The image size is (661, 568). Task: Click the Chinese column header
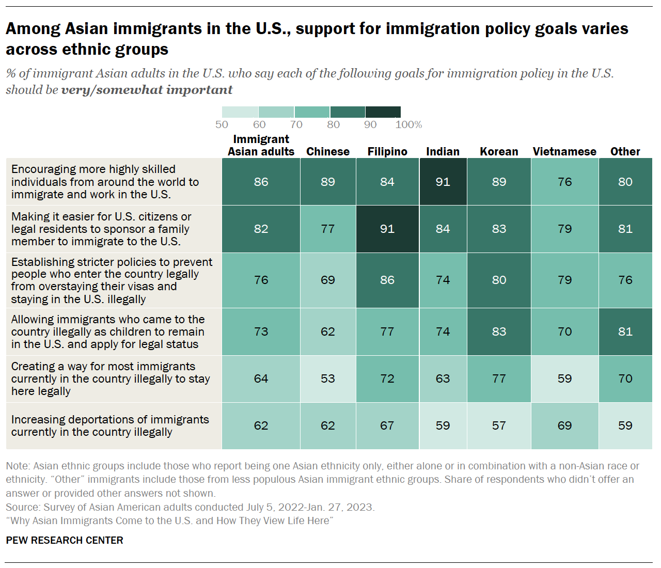(327, 151)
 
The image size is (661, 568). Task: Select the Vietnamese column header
(564, 151)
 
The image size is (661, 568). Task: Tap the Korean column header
(499, 151)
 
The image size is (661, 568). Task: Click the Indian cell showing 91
(443, 182)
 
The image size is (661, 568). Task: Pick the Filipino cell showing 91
(387, 229)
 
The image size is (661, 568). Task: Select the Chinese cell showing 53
(327, 378)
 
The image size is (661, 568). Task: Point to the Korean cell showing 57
(499, 425)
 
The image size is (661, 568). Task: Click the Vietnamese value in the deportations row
(564, 425)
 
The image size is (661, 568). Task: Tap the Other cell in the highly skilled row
(625, 182)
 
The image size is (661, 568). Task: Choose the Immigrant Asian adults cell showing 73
(261, 332)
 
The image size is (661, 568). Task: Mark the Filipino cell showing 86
(387, 280)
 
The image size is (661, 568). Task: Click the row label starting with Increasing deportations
(110, 425)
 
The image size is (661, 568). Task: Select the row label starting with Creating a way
(110, 378)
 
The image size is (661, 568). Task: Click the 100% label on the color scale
(408, 124)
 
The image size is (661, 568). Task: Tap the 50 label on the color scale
(222, 124)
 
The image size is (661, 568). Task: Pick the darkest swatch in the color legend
(383, 112)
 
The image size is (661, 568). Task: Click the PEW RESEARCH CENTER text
(65, 540)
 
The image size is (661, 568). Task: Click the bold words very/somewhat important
(147, 90)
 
